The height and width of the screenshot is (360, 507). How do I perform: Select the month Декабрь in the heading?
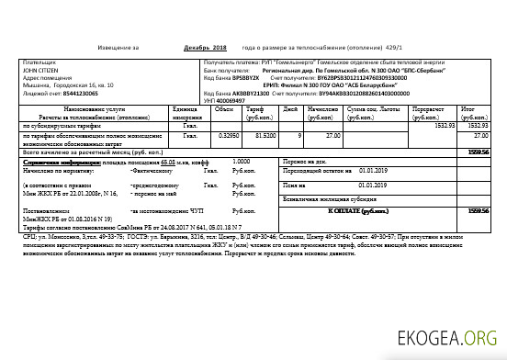point(197,46)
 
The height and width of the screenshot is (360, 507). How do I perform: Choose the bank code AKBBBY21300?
point(250,94)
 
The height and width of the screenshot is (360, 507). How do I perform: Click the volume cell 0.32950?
point(224,136)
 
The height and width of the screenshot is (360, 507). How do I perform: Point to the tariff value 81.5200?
point(264,136)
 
